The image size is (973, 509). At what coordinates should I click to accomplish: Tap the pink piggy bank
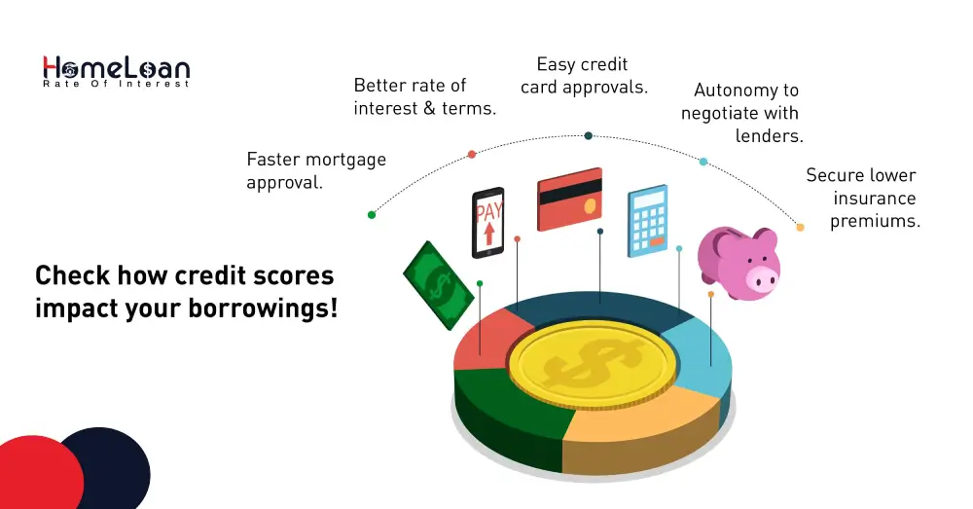[x=741, y=262]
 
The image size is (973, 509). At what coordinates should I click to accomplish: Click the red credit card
[x=570, y=200]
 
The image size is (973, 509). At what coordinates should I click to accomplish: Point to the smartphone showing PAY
[x=487, y=223]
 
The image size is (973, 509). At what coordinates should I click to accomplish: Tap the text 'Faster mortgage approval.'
[x=315, y=170]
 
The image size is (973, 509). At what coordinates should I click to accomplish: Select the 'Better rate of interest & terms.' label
[x=424, y=97]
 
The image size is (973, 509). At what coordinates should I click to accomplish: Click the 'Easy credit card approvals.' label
[x=583, y=76]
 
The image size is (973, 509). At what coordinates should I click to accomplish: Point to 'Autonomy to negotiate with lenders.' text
[x=744, y=113]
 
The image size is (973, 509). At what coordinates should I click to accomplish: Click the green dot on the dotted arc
[x=372, y=214]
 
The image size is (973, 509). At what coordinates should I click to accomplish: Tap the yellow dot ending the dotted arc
[x=800, y=227]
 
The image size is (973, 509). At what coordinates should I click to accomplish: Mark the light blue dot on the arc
[x=703, y=162]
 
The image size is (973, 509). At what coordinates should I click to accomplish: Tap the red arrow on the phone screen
[x=488, y=235]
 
